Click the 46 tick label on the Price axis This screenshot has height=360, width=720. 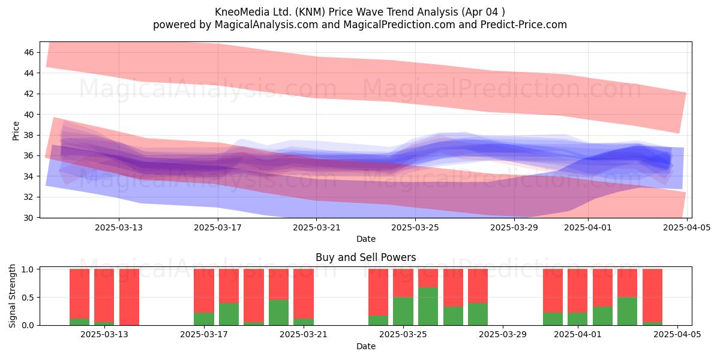click(x=29, y=52)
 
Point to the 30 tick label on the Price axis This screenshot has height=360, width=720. click(x=29, y=218)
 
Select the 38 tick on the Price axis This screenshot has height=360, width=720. click(x=29, y=136)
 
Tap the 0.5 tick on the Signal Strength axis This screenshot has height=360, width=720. click(x=28, y=298)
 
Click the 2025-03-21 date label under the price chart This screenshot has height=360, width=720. click(x=316, y=227)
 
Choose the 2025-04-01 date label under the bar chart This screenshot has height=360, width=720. click(x=578, y=335)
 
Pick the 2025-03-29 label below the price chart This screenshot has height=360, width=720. click(x=514, y=227)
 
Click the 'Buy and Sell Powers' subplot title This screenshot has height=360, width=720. click(x=366, y=257)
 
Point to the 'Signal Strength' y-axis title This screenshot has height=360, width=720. click(x=12, y=296)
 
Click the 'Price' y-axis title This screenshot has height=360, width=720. click(x=16, y=131)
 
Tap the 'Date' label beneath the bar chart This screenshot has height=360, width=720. click(x=366, y=347)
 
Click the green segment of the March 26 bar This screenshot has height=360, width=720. click(x=428, y=307)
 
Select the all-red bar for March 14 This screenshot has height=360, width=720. click(x=129, y=297)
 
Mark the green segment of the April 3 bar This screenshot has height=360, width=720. click(x=627, y=311)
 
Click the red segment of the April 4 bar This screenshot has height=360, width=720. click(x=652, y=295)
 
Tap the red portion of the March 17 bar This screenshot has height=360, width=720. click(x=204, y=291)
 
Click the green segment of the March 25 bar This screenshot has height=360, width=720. click(x=403, y=311)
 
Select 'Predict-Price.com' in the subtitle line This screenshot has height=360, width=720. click(x=524, y=25)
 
